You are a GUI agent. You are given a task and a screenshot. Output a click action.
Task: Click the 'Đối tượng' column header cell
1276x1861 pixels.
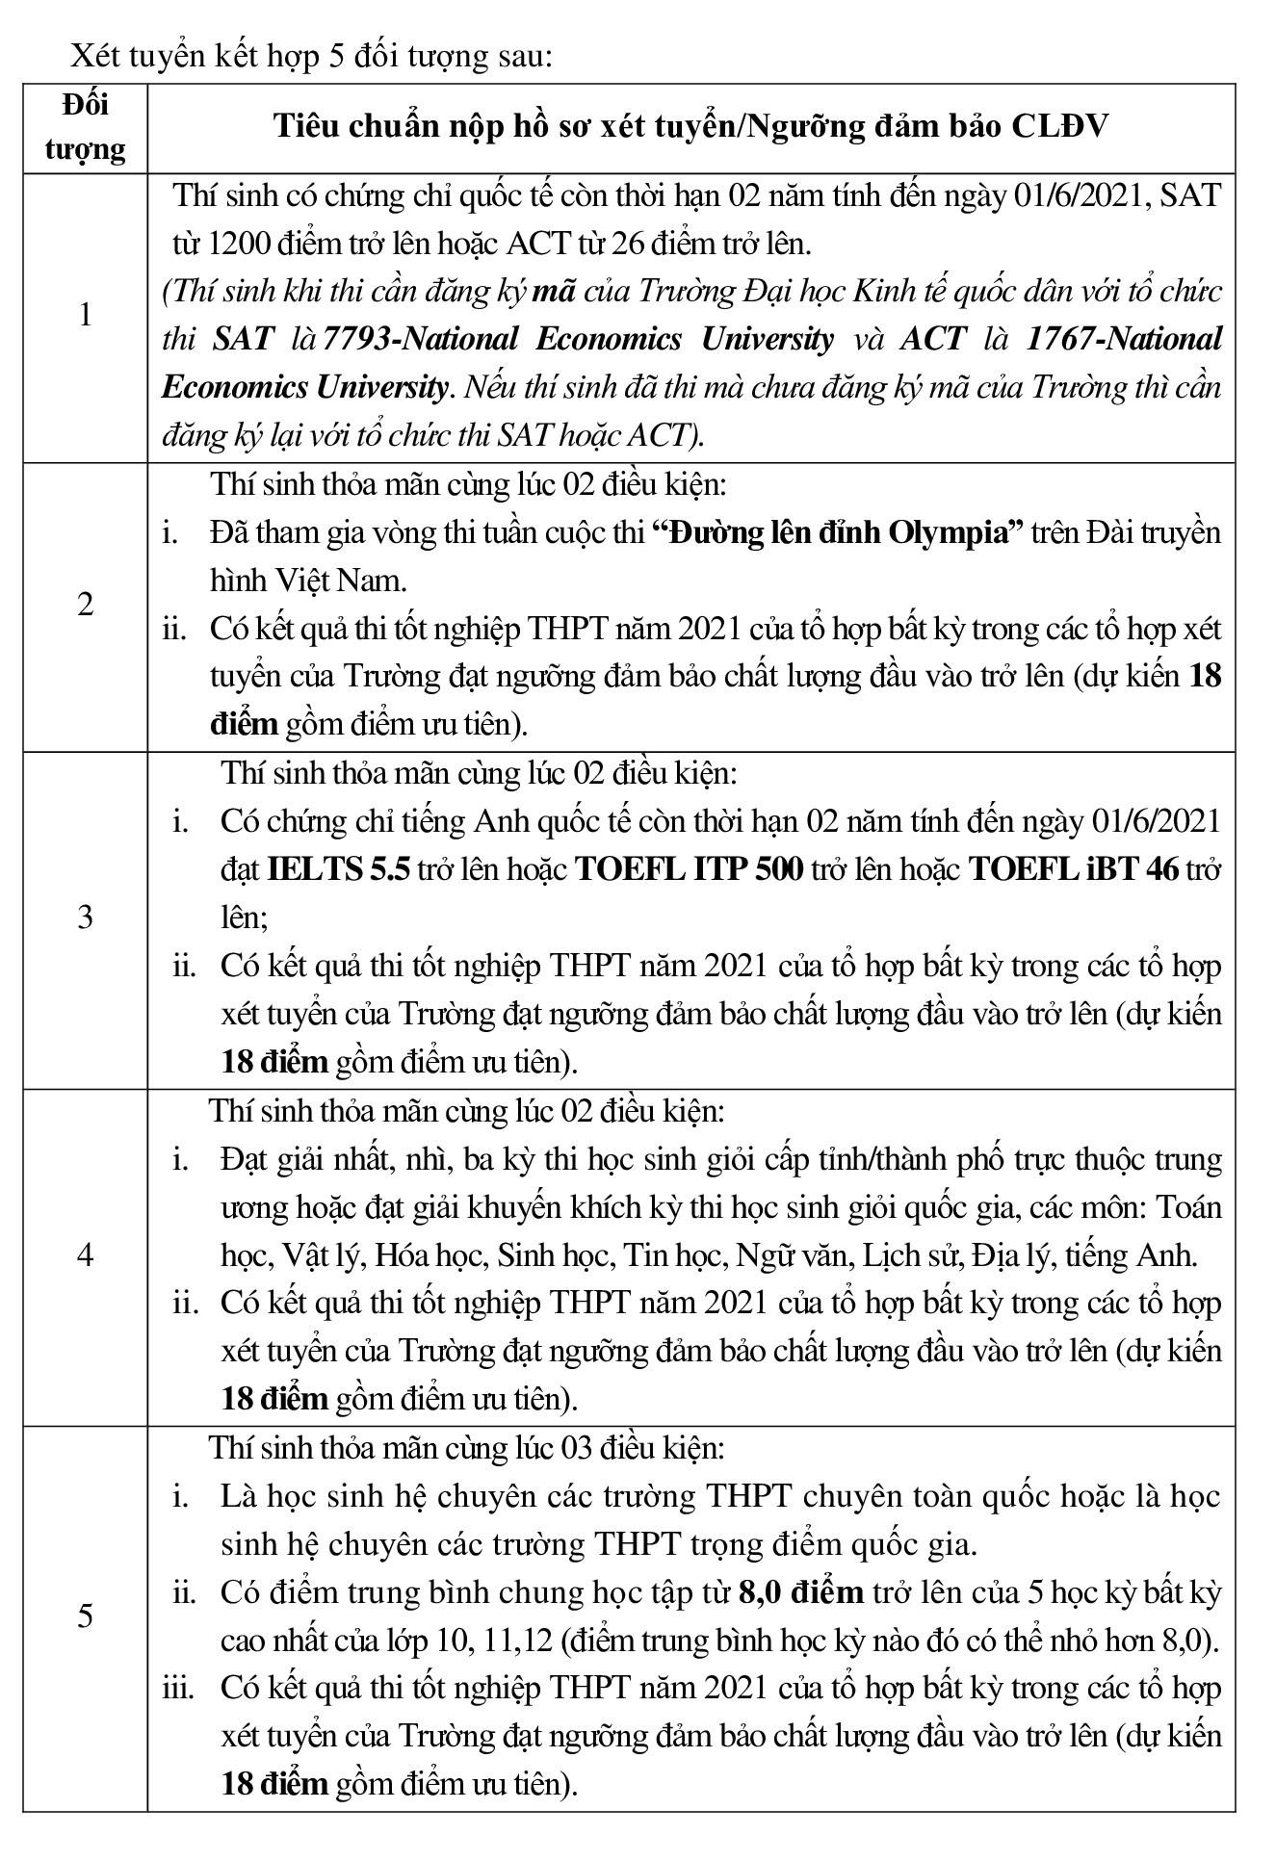[86, 128]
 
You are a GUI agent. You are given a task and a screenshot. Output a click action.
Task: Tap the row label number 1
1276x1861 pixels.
[86, 315]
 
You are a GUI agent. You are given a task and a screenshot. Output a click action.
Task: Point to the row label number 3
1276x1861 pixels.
[86, 917]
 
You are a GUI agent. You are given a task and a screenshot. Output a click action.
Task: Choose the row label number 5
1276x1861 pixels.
[86, 1615]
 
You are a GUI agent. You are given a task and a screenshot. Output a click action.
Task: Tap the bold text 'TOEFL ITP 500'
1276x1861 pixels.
[689, 869]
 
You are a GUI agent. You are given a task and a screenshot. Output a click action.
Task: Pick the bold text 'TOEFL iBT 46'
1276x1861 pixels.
[1073, 869]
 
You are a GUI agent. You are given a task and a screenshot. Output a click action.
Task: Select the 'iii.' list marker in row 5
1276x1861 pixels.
[178, 1688]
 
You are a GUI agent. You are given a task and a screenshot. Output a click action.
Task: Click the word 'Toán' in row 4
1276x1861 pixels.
[1188, 1206]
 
